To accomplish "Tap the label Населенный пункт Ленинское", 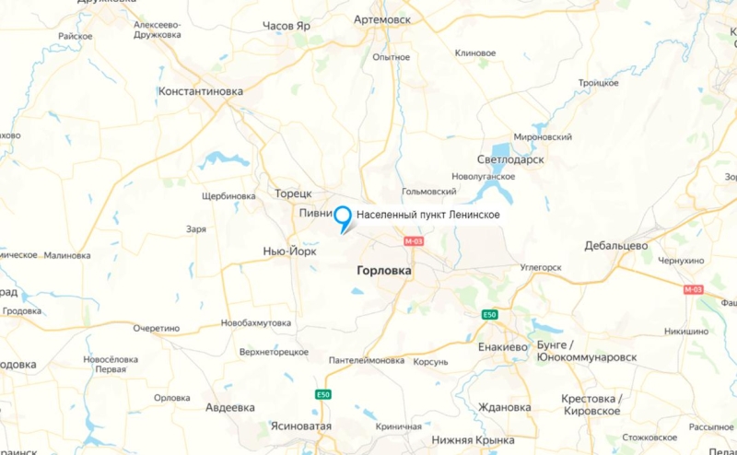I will pyautogui.click(x=428, y=215).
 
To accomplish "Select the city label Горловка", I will pyautogui.click(x=383, y=272).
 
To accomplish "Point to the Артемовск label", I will pyautogui.click(x=382, y=18).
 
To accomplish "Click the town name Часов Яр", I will pyautogui.click(x=287, y=26).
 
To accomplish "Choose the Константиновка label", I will pyautogui.click(x=200, y=92).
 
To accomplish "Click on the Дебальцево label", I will pyautogui.click(x=616, y=246).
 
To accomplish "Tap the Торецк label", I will pyautogui.click(x=294, y=193).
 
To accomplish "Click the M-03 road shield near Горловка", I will pyautogui.click(x=415, y=241).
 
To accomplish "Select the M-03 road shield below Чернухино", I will pyautogui.click(x=693, y=289).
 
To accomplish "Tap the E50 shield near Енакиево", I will pyautogui.click(x=490, y=315).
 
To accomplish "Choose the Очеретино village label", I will pyautogui.click(x=156, y=328).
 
